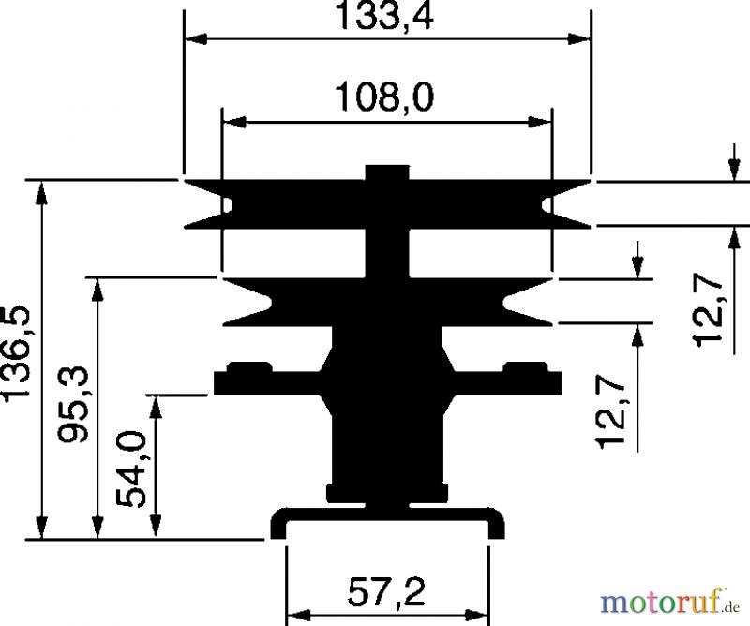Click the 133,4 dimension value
pos(385,15)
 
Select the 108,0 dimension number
pos(385,97)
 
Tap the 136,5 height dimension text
pos(16,354)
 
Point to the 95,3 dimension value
pos(73,404)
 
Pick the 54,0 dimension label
pos(131,469)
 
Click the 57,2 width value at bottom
pos(386,592)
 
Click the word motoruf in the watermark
pos(661,602)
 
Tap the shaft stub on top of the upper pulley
pos(387,172)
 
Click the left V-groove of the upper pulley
pos(209,204)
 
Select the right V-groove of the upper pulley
pos(566,204)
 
